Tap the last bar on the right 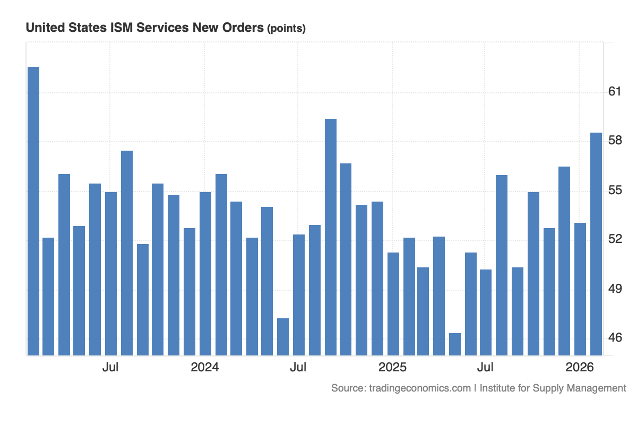point(596,243)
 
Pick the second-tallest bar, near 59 point(331,237)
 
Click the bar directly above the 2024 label point(205,273)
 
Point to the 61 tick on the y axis point(615,92)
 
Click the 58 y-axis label point(615,141)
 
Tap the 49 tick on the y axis point(615,289)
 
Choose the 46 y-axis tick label point(615,338)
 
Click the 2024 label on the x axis point(205,367)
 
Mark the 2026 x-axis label point(580,367)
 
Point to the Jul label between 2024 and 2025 point(298,367)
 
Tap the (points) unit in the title point(286,29)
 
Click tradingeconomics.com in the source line point(419,388)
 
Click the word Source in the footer point(347,388)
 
